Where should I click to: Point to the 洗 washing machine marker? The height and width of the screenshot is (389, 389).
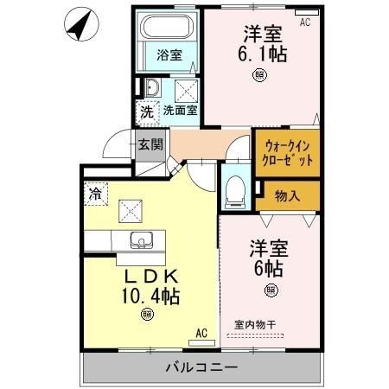147,111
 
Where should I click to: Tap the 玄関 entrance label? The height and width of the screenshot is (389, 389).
149,144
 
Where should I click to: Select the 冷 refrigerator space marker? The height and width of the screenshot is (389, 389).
93,194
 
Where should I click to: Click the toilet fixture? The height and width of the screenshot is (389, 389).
234,190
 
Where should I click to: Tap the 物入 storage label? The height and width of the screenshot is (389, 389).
288,195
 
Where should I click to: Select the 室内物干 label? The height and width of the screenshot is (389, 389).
256,325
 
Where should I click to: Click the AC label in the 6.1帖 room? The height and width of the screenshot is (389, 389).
304,22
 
